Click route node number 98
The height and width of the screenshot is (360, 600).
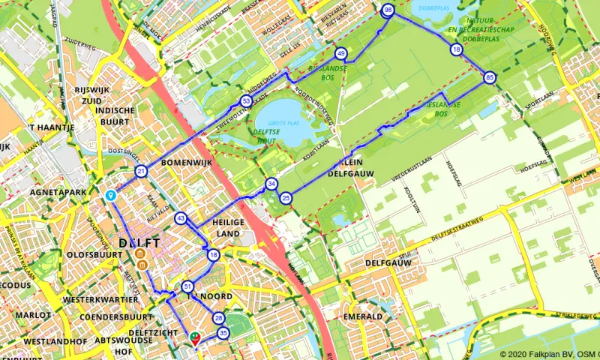388,10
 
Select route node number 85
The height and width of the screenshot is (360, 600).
490,77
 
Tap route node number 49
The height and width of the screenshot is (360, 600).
341,54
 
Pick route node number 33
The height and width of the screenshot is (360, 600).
246,101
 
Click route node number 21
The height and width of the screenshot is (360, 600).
141,172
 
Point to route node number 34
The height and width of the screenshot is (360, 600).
271,184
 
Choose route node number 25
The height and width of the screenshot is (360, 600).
286,199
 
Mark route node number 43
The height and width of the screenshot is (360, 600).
181,218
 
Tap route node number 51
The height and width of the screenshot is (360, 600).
187,286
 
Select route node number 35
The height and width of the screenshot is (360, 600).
222,333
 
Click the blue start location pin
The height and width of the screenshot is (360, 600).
110,195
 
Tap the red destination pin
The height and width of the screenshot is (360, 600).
196,338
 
